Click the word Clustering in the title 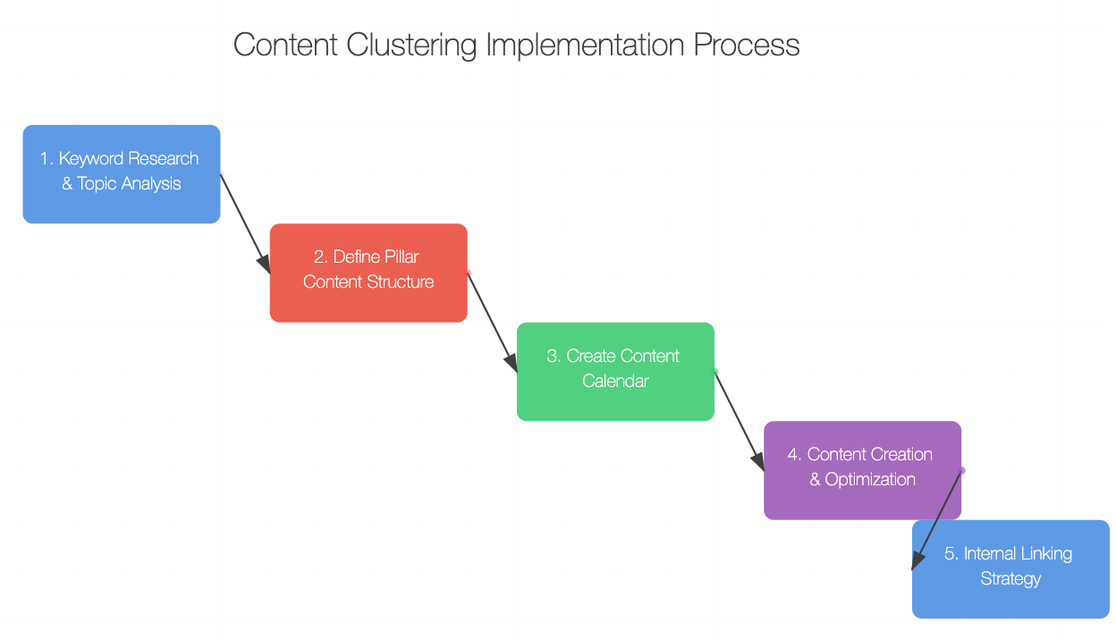tap(411, 46)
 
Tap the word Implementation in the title tap(585, 45)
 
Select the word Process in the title tap(747, 45)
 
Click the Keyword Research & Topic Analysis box tap(122, 174)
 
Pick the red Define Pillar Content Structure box tap(368, 273)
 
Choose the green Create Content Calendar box tap(616, 372)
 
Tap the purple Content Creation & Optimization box tap(862, 470)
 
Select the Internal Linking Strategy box tap(1010, 569)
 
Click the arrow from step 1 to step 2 tap(245, 223)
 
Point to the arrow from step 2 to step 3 tap(492, 323)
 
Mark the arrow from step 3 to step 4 tap(740, 421)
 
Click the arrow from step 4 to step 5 tap(936, 520)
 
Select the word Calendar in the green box tap(615, 382)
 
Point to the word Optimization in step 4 tap(870, 480)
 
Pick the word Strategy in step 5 tap(1010, 579)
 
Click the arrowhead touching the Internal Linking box tap(917, 560)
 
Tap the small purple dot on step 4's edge tap(962, 471)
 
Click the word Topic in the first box tap(97, 184)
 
